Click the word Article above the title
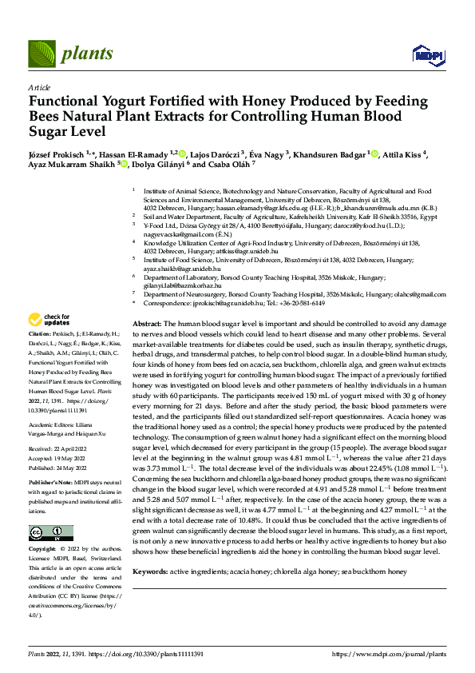tap(38, 86)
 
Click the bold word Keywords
tap(151, 571)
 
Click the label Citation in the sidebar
tap(39, 332)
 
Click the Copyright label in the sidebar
tap(43, 551)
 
